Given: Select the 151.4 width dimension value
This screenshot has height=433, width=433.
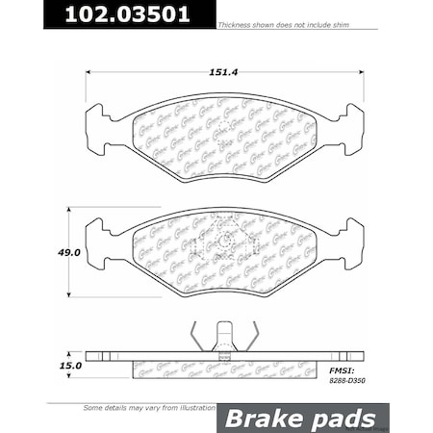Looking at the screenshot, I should [225, 69].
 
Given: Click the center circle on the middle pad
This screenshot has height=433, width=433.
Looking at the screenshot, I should [225, 241].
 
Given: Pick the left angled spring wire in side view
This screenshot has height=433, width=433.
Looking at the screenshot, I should [196, 337].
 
